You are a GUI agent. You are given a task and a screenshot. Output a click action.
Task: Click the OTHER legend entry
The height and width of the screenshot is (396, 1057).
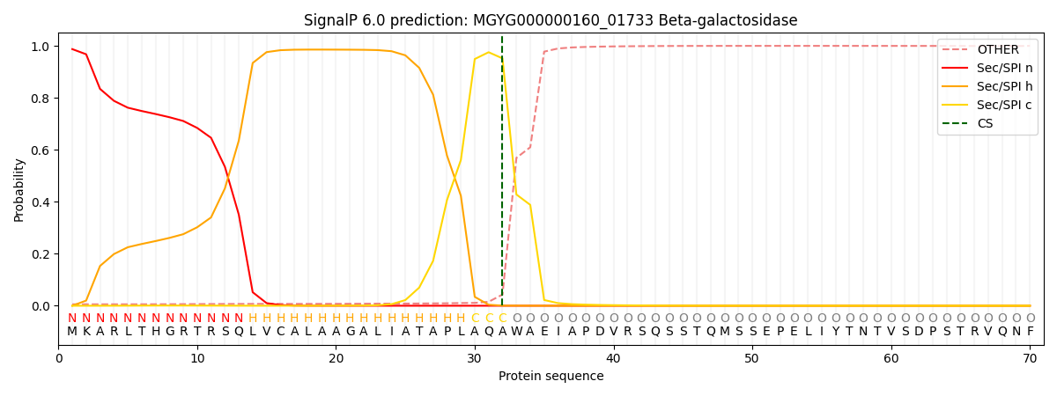click(987, 49)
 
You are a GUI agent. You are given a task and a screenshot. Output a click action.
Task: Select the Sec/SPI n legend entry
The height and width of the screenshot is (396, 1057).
click(987, 68)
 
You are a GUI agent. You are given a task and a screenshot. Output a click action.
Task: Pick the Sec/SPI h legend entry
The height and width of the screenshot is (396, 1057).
click(987, 86)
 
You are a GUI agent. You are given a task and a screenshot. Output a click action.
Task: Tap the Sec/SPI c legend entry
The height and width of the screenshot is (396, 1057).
click(987, 105)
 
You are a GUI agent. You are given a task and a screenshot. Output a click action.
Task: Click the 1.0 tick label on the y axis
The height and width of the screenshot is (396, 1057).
click(41, 47)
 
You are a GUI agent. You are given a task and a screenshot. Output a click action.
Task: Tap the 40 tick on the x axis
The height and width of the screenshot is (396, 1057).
click(613, 348)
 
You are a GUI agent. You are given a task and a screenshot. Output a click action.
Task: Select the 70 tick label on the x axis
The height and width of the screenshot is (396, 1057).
click(1030, 359)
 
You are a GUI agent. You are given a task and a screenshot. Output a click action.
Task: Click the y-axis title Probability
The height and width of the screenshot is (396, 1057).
click(18, 190)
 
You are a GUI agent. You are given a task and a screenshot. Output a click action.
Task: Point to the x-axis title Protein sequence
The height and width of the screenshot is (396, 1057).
click(551, 377)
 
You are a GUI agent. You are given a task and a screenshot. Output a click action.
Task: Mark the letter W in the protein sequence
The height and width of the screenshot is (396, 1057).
click(517, 332)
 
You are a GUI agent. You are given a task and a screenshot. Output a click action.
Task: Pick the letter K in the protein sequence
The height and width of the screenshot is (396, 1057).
click(86, 332)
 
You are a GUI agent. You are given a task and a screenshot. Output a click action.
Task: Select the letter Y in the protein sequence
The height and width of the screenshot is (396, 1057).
click(836, 332)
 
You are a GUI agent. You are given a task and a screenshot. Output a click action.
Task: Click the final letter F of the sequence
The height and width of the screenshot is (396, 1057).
click(1031, 332)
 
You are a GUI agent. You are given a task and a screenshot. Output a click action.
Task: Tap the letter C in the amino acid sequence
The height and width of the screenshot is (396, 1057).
click(281, 332)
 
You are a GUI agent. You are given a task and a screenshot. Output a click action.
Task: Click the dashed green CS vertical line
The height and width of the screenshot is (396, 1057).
click(502, 171)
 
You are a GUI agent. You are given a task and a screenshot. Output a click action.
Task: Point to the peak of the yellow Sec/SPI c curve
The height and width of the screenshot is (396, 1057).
click(488, 52)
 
